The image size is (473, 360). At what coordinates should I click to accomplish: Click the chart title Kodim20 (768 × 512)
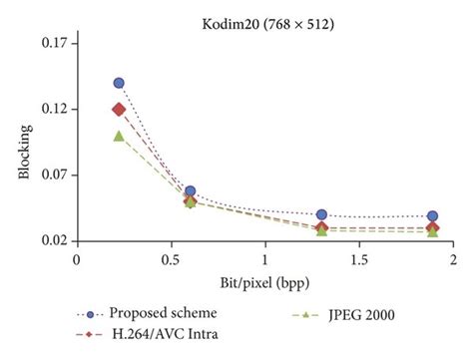coord(264,12)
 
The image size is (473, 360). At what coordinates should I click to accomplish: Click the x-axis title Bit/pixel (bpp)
coord(263,281)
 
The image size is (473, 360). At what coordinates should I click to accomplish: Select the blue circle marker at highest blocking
coord(119,83)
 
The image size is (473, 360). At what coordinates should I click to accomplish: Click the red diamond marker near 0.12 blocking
coord(119,110)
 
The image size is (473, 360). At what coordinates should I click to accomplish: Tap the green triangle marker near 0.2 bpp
coord(119,136)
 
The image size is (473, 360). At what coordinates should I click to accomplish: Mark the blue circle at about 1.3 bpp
coord(321,214)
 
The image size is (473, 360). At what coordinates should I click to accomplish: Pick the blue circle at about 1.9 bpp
coord(432,215)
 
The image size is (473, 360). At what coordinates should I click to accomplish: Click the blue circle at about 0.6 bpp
coord(191,190)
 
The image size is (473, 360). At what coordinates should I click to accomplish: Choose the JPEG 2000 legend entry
coord(355,314)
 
